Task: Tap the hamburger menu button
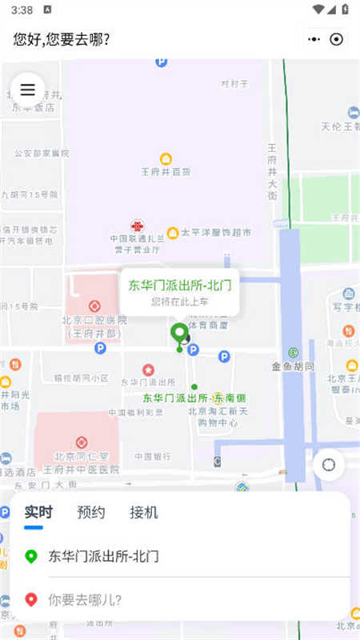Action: tap(27, 90)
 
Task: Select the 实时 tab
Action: tap(38, 513)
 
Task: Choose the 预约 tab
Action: tap(90, 513)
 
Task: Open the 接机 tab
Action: tap(144, 513)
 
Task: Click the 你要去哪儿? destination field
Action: tap(85, 598)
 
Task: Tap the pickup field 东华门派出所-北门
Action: tap(104, 556)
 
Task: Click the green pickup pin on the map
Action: tap(179, 334)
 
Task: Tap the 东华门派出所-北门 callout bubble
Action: tap(180, 292)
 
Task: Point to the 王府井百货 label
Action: tap(166, 171)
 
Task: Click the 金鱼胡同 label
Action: tap(293, 366)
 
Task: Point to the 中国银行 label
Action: tap(152, 456)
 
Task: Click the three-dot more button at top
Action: tap(314, 39)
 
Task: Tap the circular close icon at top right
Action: tap(337, 39)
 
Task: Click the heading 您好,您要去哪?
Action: tap(62, 39)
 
